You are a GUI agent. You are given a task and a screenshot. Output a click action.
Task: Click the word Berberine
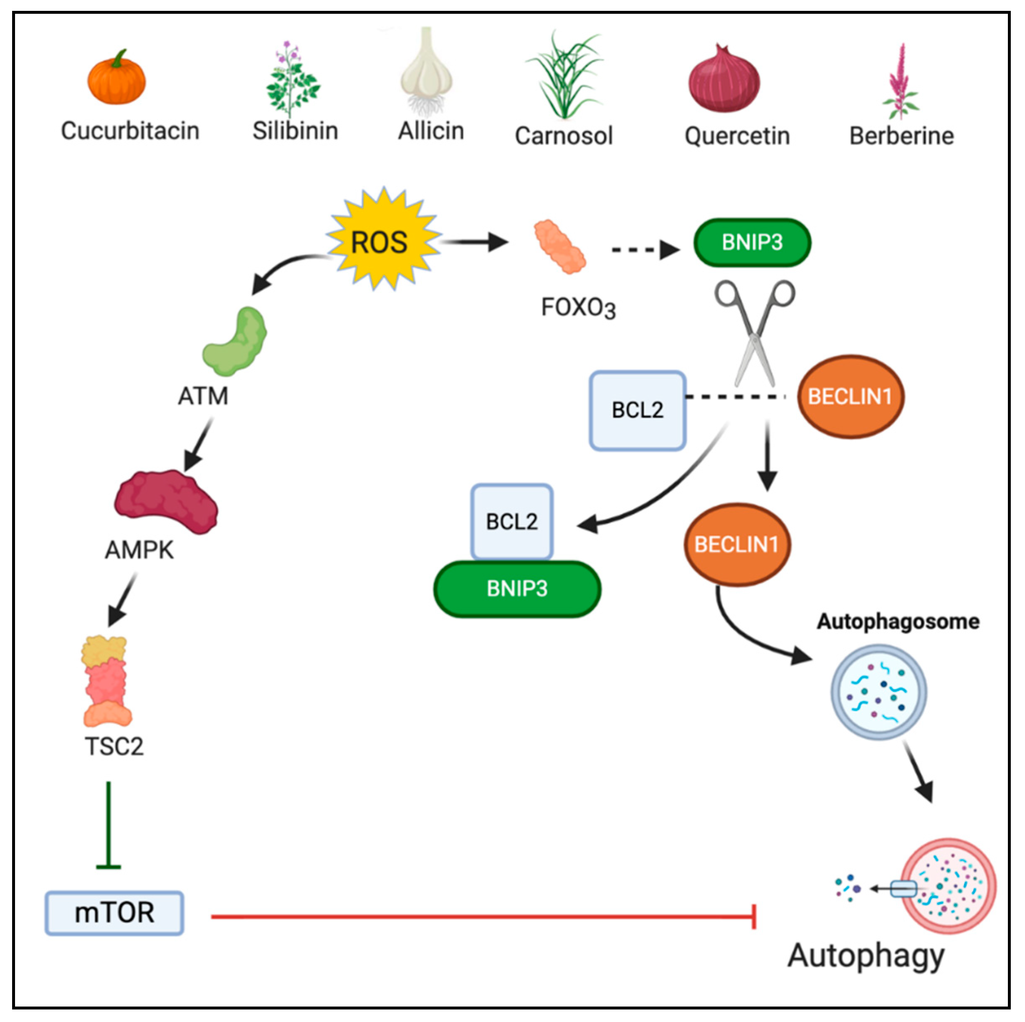coord(901,136)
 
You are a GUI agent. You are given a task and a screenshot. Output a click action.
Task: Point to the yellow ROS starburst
coord(382,241)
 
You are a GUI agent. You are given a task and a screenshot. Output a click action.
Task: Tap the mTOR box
coord(114,913)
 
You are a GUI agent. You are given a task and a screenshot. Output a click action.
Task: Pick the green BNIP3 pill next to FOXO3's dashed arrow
coord(752,243)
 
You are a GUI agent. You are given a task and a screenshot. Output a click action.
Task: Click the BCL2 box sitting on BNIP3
coord(511,521)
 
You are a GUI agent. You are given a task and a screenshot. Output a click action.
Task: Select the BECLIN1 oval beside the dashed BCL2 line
coord(850,396)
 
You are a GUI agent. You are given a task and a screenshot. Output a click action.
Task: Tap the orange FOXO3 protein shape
coord(559,247)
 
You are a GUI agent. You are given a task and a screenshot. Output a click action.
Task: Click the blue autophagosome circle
coord(878,692)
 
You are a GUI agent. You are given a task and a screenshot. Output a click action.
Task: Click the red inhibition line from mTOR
coord(478,916)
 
